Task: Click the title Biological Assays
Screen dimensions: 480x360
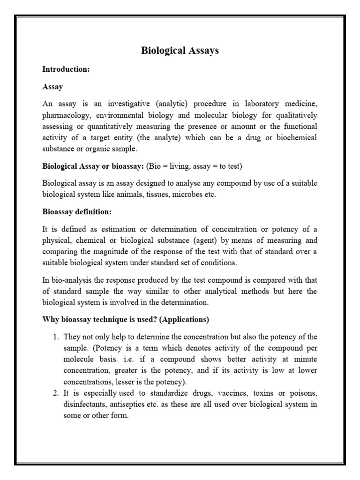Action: coord(180,51)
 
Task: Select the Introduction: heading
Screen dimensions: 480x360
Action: coord(66,69)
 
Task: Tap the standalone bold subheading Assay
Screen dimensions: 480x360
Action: coord(52,87)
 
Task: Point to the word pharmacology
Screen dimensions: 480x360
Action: coord(65,115)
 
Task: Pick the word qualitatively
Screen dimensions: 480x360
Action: coord(292,115)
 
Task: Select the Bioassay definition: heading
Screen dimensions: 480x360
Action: coord(77,212)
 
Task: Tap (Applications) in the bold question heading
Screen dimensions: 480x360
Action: coord(183,320)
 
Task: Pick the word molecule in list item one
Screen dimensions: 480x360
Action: coord(79,360)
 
